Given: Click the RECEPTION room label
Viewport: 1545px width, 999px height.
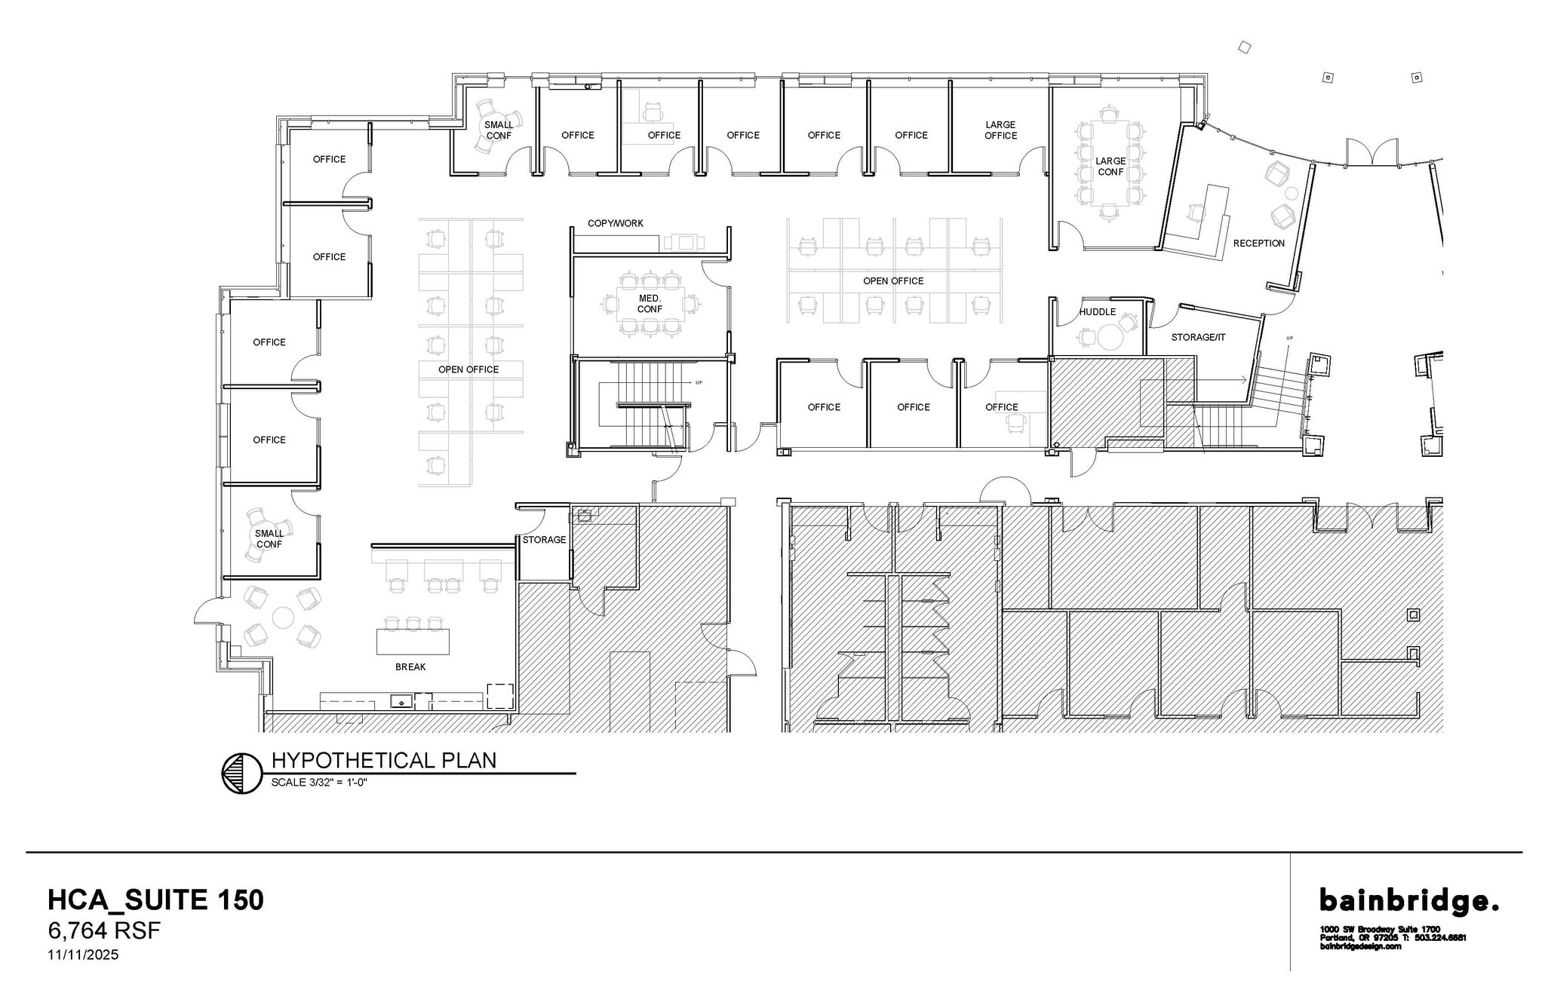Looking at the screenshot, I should [x=1258, y=244].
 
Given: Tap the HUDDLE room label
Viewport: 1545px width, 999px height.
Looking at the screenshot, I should [x=1097, y=312].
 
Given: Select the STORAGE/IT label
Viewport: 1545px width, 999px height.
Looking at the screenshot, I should [x=1198, y=338].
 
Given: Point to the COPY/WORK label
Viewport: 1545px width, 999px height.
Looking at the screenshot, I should [x=616, y=224].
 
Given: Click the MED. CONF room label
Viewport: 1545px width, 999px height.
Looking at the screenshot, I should [x=650, y=305].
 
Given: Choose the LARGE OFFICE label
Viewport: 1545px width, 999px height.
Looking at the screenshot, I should [x=1000, y=130].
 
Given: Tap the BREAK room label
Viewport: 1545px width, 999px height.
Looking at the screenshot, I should [x=410, y=667].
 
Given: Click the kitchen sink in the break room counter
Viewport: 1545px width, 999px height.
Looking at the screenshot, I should [x=401, y=702].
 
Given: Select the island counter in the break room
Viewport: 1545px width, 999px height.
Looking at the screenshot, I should [x=413, y=642].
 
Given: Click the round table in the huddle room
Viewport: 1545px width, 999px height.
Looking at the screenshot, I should [x=1110, y=337].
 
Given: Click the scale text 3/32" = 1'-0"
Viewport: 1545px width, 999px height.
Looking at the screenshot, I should [x=319, y=783].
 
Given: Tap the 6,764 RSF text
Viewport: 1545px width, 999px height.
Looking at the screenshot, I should [x=104, y=931].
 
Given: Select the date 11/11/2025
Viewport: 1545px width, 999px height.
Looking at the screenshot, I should [x=83, y=955].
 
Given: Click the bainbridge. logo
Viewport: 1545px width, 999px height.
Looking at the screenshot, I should [x=1408, y=901].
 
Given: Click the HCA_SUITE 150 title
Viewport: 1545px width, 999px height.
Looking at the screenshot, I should [x=155, y=900].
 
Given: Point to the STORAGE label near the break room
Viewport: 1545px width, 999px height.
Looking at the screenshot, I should [x=544, y=541].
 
